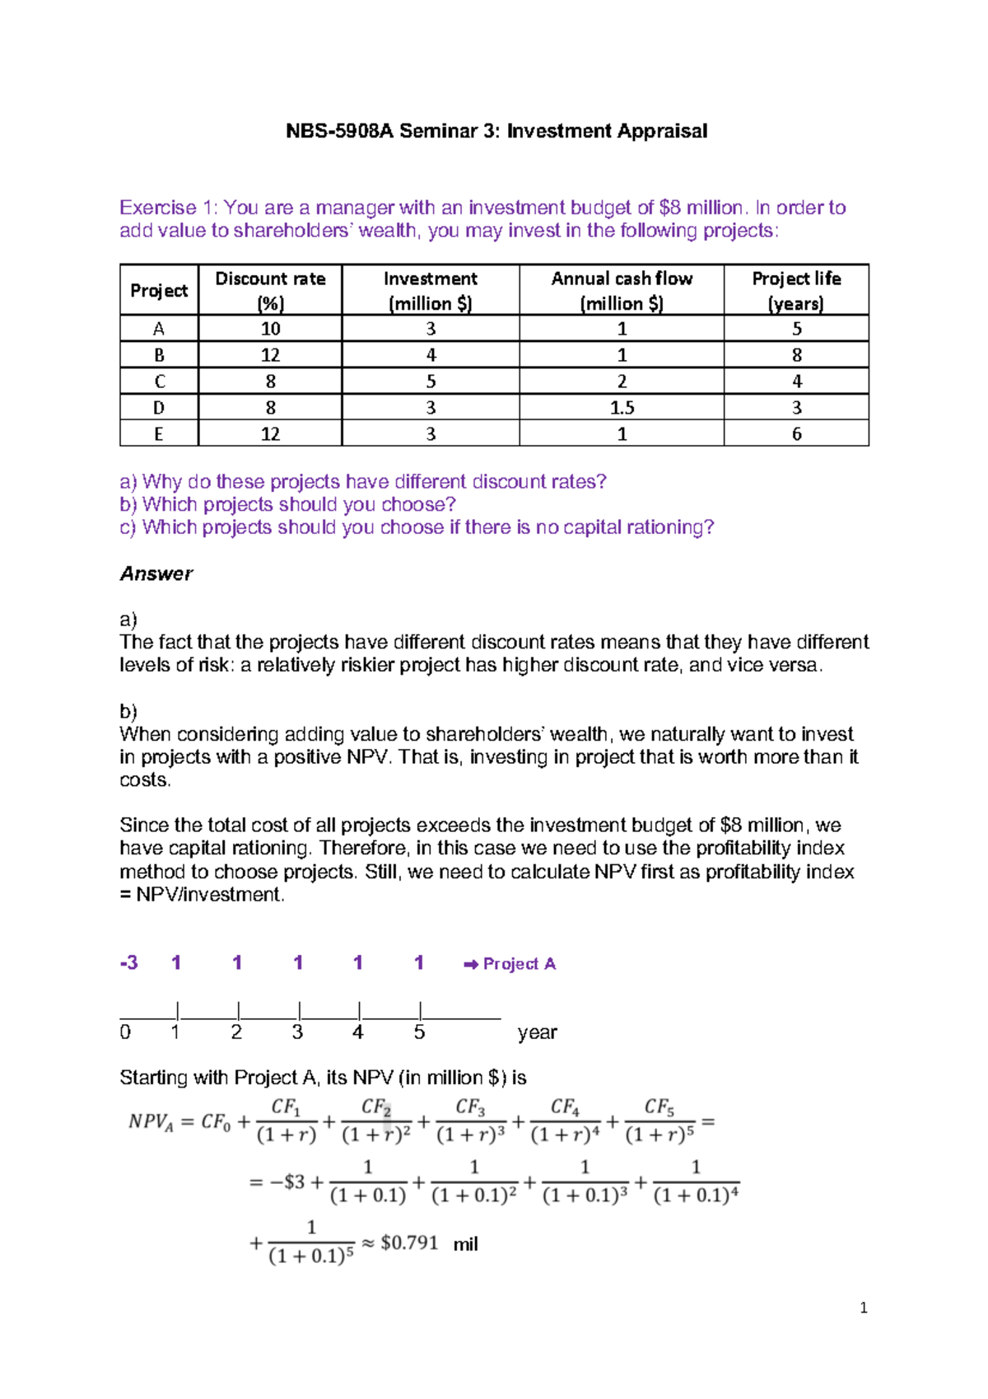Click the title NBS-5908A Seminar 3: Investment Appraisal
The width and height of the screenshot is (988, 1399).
tap(496, 131)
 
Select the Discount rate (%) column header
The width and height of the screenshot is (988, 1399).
tap(270, 290)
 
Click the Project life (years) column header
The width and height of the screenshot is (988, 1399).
tap(795, 290)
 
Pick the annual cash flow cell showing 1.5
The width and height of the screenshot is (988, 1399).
tap(622, 408)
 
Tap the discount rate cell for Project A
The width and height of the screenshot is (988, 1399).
tap(270, 329)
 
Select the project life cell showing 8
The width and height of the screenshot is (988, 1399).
tap(796, 355)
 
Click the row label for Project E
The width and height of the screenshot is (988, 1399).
tap(159, 434)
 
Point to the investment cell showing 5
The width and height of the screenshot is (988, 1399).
tap(431, 381)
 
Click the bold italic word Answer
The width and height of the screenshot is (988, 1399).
tap(156, 573)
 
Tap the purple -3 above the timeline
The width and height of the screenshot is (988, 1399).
tap(129, 962)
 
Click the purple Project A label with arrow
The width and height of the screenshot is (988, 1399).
tap(510, 963)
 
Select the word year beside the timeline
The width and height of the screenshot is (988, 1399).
tap(537, 1032)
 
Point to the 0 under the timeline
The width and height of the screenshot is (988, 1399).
tap(125, 1032)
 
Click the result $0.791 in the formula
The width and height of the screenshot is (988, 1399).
tap(409, 1242)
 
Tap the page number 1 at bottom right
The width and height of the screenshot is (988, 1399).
tap(863, 1308)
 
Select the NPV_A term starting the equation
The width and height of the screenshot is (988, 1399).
tap(151, 1122)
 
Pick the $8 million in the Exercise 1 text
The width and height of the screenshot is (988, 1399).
tap(701, 208)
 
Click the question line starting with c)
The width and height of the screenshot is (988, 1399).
tap(417, 527)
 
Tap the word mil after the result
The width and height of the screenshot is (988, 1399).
tap(465, 1244)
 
